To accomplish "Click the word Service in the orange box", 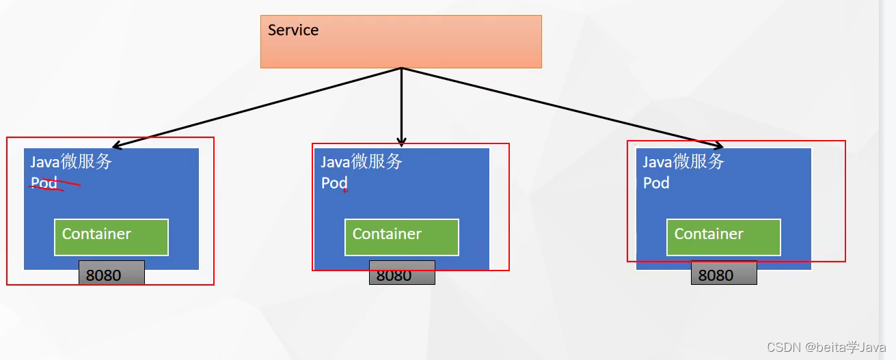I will click(x=293, y=30).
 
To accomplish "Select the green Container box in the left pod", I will click(x=111, y=236).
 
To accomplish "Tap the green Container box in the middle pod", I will click(x=402, y=236).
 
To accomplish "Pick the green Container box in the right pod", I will click(x=724, y=236).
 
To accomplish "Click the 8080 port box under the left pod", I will click(x=111, y=275).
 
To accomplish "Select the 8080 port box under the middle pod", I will click(x=402, y=275).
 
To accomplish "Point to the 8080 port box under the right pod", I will click(x=724, y=275).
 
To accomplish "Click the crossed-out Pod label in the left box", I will click(x=43, y=183).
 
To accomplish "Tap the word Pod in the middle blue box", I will click(x=334, y=183).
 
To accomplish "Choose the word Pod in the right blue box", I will click(x=656, y=183).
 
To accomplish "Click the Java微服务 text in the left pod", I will click(x=71, y=162).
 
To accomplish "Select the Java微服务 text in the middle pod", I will click(x=362, y=162).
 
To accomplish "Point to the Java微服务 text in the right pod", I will click(x=683, y=162).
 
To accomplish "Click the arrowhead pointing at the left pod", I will click(x=117, y=146).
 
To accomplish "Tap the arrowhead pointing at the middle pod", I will click(x=401, y=142).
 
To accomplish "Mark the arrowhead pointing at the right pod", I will click(x=719, y=146).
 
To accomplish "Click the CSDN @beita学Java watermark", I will click(x=826, y=347).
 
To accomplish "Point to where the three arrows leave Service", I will click(x=401, y=68).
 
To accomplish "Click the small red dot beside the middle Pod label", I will click(x=344, y=191).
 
